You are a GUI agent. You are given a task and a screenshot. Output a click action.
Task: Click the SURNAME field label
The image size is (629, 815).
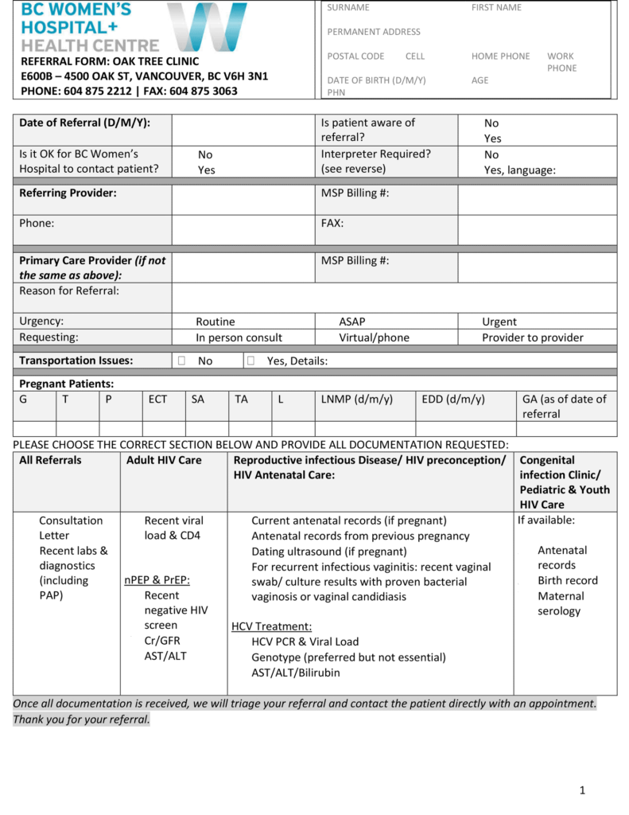click(x=348, y=8)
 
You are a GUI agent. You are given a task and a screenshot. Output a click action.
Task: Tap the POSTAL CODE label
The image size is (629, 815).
click(x=355, y=57)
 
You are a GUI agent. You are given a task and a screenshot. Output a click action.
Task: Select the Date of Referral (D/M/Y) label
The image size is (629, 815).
click(x=84, y=123)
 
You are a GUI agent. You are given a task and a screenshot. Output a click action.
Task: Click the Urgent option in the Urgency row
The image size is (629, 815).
click(x=499, y=322)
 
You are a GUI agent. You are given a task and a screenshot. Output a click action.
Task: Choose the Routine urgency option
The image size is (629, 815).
click(x=215, y=322)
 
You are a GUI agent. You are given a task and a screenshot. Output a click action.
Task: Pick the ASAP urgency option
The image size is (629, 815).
click(x=352, y=322)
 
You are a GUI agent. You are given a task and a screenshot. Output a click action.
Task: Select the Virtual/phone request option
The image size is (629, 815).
click(x=374, y=337)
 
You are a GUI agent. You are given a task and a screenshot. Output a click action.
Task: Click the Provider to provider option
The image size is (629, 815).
click(x=532, y=337)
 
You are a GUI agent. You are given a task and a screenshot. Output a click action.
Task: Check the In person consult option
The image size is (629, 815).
click(x=239, y=337)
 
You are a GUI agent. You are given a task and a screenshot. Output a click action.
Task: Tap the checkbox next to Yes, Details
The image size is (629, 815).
click(x=250, y=361)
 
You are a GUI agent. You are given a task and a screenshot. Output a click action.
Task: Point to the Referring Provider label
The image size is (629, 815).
click(x=68, y=193)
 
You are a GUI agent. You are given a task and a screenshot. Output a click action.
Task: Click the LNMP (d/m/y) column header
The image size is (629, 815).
click(x=356, y=399)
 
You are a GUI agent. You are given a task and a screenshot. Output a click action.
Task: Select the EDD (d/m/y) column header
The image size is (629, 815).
click(x=452, y=399)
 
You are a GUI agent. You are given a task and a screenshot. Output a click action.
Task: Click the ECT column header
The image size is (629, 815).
click(x=157, y=399)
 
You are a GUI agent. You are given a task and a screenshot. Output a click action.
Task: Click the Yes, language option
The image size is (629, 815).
click(x=519, y=170)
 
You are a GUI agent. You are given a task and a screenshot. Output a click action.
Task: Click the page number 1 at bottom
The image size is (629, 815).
click(x=582, y=790)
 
